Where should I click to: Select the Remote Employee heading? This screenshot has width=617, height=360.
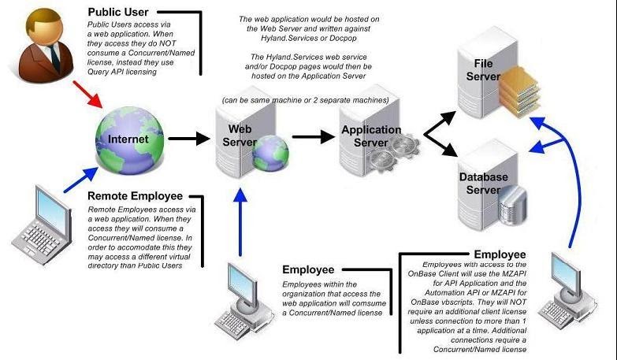(135, 195)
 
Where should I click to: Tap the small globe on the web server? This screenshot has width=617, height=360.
(269, 154)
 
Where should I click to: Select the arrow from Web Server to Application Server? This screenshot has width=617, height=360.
(313, 136)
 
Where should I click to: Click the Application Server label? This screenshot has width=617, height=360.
(364, 135)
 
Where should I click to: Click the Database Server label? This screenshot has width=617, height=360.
(483, 184)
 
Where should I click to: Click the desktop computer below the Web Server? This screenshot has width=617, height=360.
(243, 291)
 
